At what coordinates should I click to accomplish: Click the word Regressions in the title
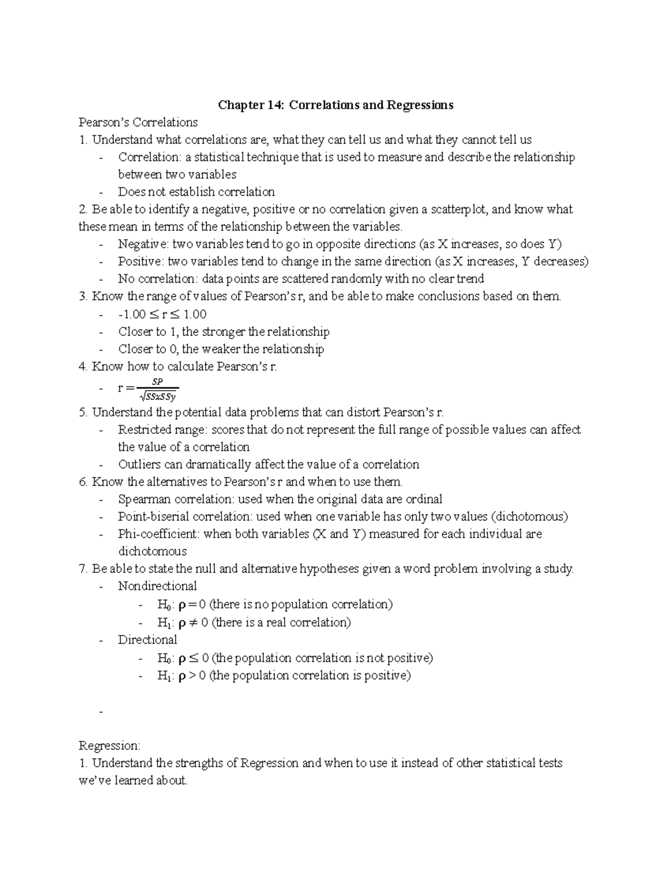coord(420,105)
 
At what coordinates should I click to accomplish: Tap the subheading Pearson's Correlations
coord(138,122)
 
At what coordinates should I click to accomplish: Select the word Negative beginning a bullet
coord(142,244)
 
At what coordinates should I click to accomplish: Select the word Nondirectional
coord(157,586)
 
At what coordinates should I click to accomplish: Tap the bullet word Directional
coord(147,640)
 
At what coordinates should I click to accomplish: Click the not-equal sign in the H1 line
coord(193,622)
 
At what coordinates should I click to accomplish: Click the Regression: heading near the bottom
coord(110,746)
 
